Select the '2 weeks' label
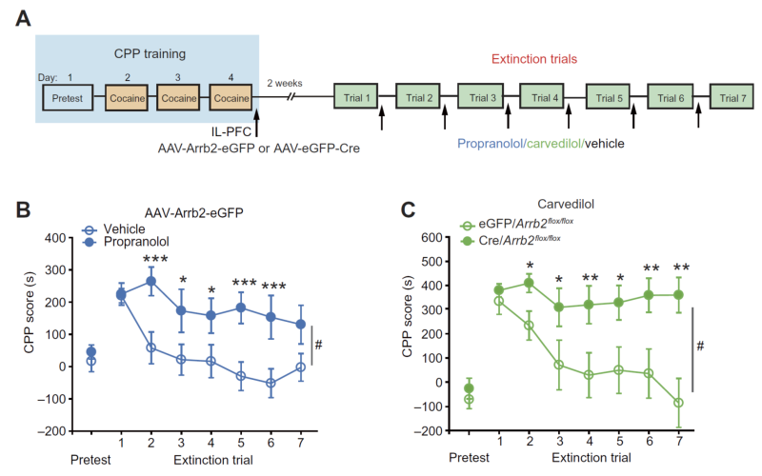point(287,83)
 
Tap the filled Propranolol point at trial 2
point(150,281)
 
